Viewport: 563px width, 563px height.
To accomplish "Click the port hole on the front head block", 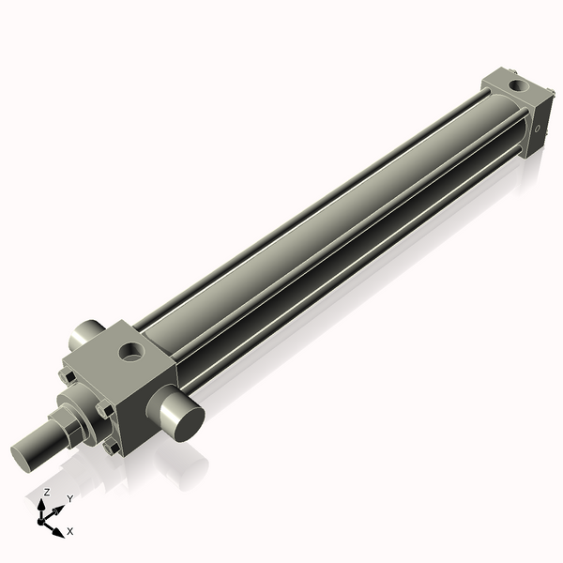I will coord(131,353).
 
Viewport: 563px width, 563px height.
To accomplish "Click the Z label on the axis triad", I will coord(47,492).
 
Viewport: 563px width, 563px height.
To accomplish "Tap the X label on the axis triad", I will coord(69,531).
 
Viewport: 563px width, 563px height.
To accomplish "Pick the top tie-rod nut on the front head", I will coord(68,376).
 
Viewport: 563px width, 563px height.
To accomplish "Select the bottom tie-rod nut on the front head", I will coord(114,447).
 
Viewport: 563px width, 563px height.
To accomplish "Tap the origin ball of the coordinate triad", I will coord(43,517).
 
